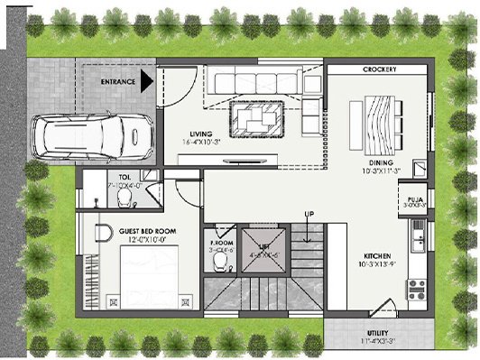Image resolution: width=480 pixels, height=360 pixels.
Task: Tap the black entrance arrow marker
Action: click(x=146, y=83)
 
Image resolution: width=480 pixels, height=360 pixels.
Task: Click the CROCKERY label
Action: click(x=380, y=70)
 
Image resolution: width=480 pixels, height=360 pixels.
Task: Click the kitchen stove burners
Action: click(x=417, y=289)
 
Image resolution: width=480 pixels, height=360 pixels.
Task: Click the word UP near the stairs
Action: click(x=309, y=213)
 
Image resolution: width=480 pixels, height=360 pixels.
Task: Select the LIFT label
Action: click(x=264, y=245)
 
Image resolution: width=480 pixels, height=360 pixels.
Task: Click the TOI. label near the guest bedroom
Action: click(x=125, y=176)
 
